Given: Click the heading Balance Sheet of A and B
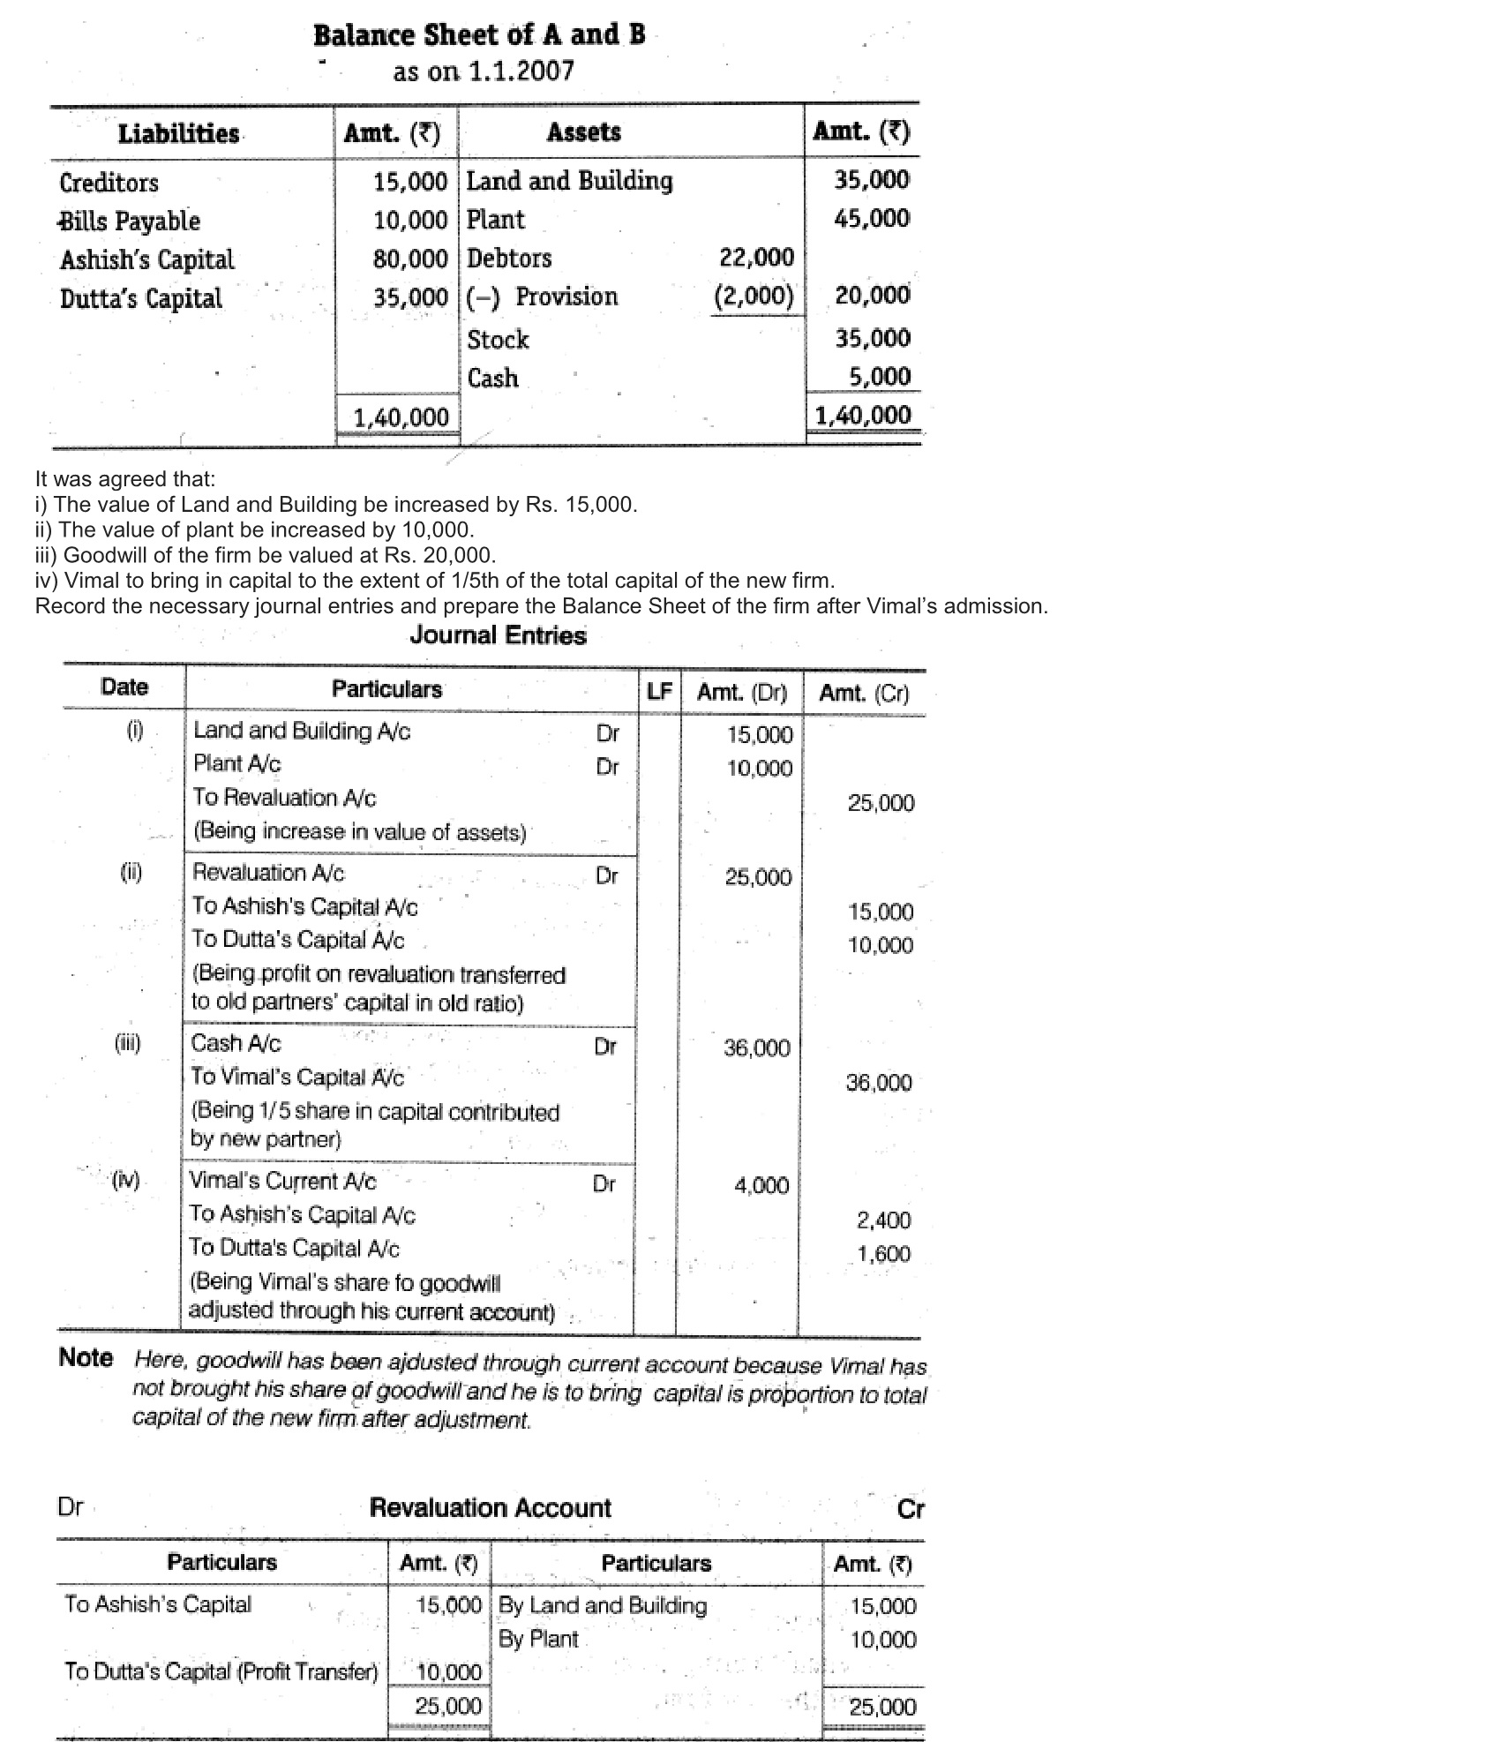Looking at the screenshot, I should tap(479, 35).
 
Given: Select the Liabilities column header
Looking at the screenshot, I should tap(179, 134).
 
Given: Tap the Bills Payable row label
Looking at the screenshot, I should tap(130, 221).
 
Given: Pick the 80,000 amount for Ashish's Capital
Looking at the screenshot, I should tap(410, 259).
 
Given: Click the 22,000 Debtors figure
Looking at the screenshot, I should tap(756, 257).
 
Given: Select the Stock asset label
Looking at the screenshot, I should tap(498, 339).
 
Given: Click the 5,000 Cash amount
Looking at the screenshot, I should tap(879, 377).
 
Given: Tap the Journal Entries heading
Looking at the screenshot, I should tap(498, 635).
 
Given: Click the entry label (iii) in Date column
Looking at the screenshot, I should tap(128, 1043).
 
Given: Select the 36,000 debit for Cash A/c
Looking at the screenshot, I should tap(756, 1047).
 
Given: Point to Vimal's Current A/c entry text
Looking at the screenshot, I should tap(282, 1181).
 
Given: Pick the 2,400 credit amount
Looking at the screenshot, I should tap(883, 1220).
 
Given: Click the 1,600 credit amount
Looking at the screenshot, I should tap(883, 1254).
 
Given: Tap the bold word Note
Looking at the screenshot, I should tap(86, 1357).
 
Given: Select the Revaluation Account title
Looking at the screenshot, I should tap(490, 1507).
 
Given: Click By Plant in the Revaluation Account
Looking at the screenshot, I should tap(538, 1639).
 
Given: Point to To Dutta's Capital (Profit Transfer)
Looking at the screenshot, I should tap(221, 1671).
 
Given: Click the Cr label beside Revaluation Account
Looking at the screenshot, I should tap(910, 1509).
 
